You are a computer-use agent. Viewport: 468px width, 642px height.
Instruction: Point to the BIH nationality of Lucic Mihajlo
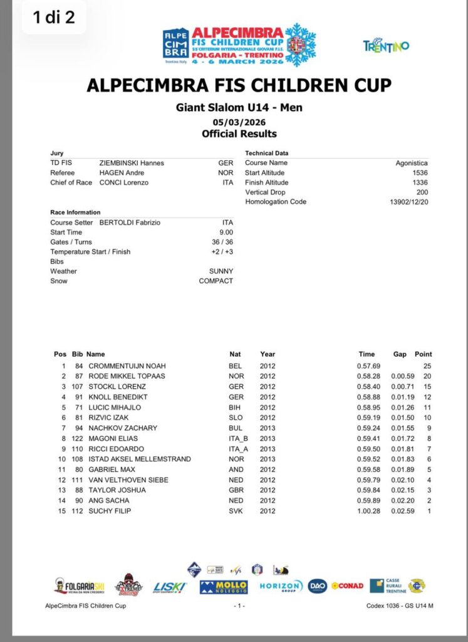click(236, 408)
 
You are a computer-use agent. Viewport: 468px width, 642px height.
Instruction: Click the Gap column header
click(400, 354)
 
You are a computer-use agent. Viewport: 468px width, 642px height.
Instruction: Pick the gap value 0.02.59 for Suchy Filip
click(400, 511)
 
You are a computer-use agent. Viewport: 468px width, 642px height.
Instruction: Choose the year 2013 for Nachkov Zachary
click(268, 428)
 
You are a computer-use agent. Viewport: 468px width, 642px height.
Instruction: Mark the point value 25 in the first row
click(427, 366)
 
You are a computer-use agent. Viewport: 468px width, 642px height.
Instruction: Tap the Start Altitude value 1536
click(420, 172)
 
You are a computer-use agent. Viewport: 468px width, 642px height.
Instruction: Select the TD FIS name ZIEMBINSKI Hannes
click(132, 163)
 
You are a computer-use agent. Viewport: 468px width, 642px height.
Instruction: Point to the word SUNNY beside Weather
click(221, 271)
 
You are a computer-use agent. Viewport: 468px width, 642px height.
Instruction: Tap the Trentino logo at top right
click(386, 46)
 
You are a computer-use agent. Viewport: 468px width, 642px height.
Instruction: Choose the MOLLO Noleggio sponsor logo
click(224, 587)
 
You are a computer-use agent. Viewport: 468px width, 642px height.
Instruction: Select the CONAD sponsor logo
click(348, 586)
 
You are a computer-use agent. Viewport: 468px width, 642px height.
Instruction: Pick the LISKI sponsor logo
click(169, 587)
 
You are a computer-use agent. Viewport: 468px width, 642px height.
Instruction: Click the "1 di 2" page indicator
click(54, 17)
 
